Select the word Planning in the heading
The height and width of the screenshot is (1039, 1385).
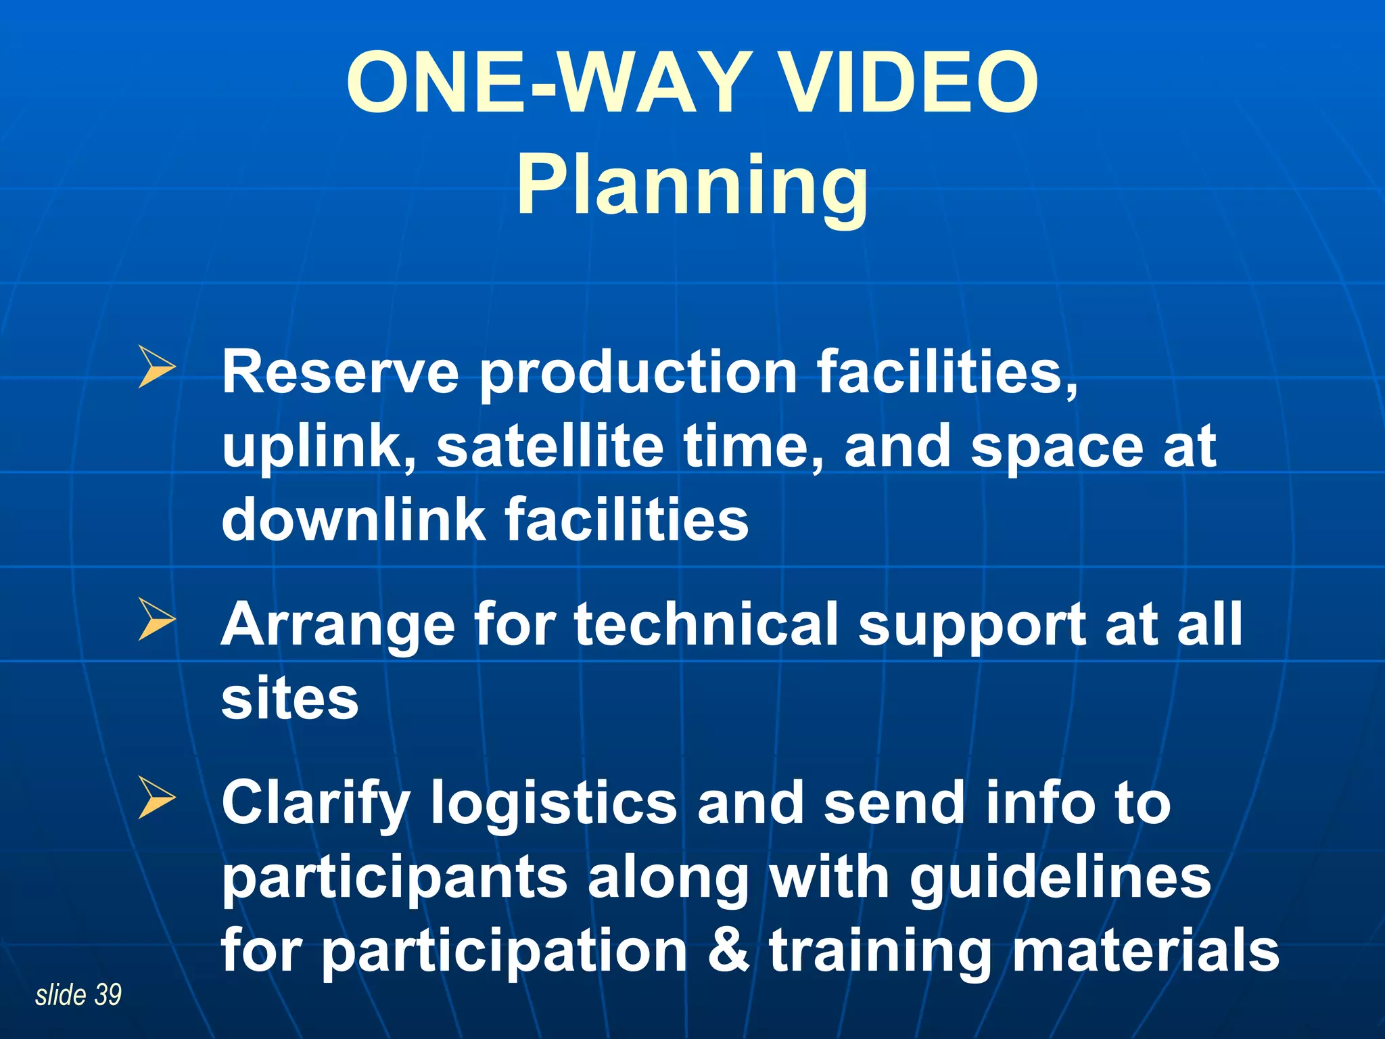692,186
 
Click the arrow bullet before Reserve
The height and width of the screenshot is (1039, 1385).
157,367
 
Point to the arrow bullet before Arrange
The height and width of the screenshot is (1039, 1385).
157,618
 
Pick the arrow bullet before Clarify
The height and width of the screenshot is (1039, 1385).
157,798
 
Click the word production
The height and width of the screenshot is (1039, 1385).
638,373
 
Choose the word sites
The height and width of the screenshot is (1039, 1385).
289,699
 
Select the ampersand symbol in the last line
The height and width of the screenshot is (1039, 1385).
728,950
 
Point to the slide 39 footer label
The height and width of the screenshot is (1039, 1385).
78,995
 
